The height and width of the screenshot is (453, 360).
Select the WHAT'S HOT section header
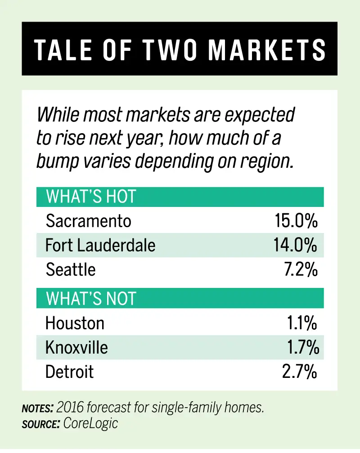[x=91, y=197]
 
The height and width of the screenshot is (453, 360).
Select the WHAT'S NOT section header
[x=91, y=299]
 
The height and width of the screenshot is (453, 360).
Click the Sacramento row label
[x=89, y=221]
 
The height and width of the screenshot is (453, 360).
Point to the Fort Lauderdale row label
[x=100, y=245]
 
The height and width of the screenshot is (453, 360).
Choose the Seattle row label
[x=71, y=269]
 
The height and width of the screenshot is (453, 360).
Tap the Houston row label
[x=75, y=323]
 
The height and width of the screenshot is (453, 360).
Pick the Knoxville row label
[x=76, y=347]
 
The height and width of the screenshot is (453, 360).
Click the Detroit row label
[x=70, y=372]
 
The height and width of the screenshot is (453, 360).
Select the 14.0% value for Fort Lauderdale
[x=295, y=245]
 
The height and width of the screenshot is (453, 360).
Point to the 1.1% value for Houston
[x=302, y=323]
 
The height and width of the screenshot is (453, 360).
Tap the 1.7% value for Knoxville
[x=303, y=347]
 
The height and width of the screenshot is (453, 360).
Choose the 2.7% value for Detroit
[x=301, y=372]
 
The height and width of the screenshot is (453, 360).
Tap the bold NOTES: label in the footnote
[x=38, y=408]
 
